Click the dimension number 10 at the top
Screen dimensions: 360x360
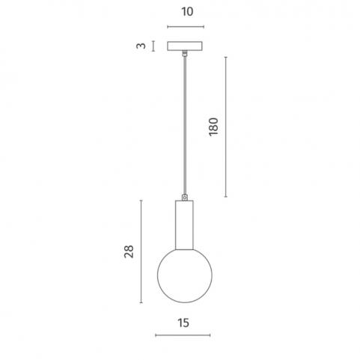187,12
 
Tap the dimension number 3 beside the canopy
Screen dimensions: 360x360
141,46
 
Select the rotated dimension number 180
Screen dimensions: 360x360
213,126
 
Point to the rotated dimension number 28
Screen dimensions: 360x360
129,251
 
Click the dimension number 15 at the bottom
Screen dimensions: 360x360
183,323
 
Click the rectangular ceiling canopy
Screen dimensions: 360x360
185,46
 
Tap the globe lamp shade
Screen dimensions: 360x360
185,275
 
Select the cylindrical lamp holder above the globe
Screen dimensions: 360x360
184,225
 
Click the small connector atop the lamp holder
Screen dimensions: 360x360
185,198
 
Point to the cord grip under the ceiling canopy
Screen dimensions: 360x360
185,53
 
